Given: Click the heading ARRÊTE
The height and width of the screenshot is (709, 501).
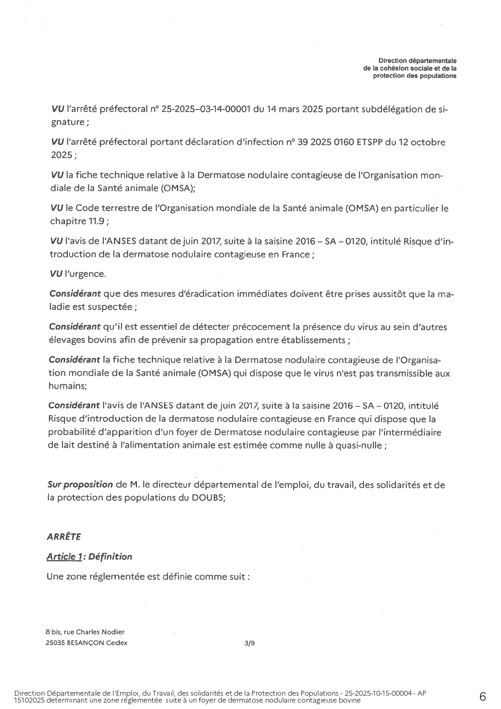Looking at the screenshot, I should coord(64,537).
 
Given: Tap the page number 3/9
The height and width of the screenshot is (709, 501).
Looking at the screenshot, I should coord(250,643).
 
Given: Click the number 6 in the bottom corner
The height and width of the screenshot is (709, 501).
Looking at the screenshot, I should coord(482,696).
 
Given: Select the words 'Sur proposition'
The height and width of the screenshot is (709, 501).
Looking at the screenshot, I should coord(80,484).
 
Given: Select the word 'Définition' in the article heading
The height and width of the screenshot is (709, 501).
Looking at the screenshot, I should coord(110,557).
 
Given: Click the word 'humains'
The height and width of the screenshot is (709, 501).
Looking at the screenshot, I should coord(67,386).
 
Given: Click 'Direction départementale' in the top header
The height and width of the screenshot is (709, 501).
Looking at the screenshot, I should coord(417,61).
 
